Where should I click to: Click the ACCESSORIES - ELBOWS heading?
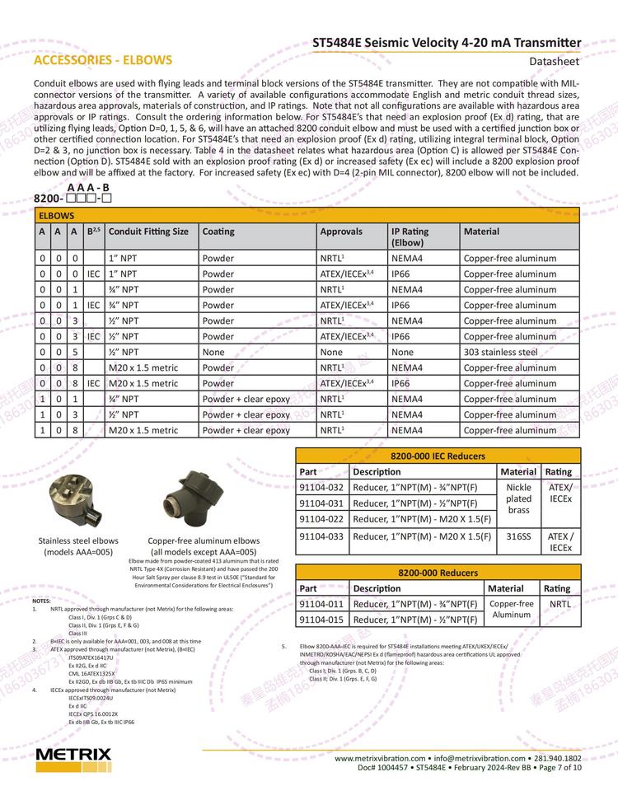coord(103,60)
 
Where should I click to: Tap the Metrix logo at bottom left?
coord(73,756)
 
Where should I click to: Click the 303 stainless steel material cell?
coord(500,352)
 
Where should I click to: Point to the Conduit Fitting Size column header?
coord(148,232)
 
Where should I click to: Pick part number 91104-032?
coord(321,488)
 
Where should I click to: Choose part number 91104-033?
coord(321,536)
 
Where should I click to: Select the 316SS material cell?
coord(518,536)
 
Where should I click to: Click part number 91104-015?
coord(321,620)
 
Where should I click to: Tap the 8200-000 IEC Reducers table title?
coord(438,456)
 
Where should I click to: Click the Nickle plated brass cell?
coord(518,498)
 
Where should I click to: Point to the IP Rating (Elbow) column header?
coord(410,237)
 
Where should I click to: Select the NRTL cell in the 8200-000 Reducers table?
coord(559,604)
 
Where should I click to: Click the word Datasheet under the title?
coord(555,61)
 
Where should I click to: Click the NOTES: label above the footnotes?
coord(41,601)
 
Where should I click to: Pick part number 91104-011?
coord(321,604)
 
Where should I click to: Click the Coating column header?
coord(218,232)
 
